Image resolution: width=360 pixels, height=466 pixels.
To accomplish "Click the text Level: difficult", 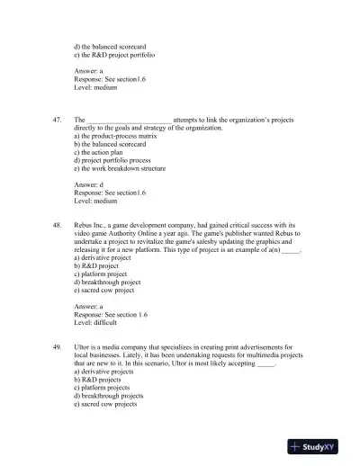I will tap(101, 322).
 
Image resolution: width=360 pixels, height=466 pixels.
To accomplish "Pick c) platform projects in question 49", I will tap(102, 387).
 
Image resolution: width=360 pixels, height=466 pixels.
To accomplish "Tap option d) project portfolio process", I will tap(115, 160).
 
